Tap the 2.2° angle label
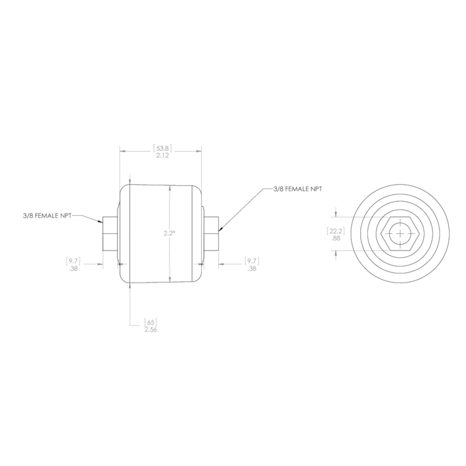169,233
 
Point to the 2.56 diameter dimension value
151,330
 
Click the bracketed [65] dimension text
150,322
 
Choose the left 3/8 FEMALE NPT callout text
47,216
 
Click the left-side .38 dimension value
73,269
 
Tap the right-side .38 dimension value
252,269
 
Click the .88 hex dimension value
335,238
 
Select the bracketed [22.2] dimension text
335,231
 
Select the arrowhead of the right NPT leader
220,230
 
